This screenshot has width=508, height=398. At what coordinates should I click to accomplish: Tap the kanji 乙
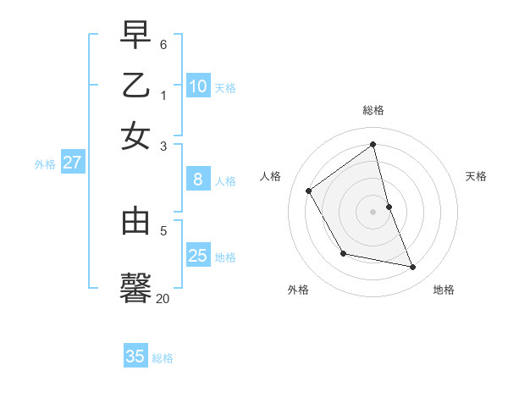(135, 86)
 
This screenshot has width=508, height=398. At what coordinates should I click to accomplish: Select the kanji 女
(135, 136)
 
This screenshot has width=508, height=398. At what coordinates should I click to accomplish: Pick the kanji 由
(135, 221)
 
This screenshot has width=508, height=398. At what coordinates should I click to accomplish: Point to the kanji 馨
(135, 285)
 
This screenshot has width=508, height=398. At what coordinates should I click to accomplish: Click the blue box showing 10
(198, 86)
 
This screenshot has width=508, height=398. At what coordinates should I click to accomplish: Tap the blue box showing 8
(198, 180)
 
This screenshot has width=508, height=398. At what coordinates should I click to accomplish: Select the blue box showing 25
(198, 256)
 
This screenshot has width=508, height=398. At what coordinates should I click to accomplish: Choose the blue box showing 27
(72, 163)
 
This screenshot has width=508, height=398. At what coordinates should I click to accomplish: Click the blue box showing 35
(135, 357)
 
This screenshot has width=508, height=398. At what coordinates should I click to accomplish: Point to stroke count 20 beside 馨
(163, 298)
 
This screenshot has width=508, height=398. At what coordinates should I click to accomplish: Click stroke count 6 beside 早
(163, 42)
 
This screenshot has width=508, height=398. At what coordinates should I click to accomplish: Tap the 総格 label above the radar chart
(373, 110)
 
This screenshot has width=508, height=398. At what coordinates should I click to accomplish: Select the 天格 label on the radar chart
(476, 176)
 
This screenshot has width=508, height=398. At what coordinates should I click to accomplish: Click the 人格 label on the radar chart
(270, 176)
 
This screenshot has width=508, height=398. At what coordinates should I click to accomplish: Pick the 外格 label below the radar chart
(298, 290)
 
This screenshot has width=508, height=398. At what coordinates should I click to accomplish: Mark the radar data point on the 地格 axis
(413, 267)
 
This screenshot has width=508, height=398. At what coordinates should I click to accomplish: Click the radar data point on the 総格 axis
(373, 145)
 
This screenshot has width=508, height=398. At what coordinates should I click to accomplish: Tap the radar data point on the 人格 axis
(309, 191)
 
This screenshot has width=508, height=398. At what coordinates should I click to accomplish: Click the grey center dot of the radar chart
(373, 212)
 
